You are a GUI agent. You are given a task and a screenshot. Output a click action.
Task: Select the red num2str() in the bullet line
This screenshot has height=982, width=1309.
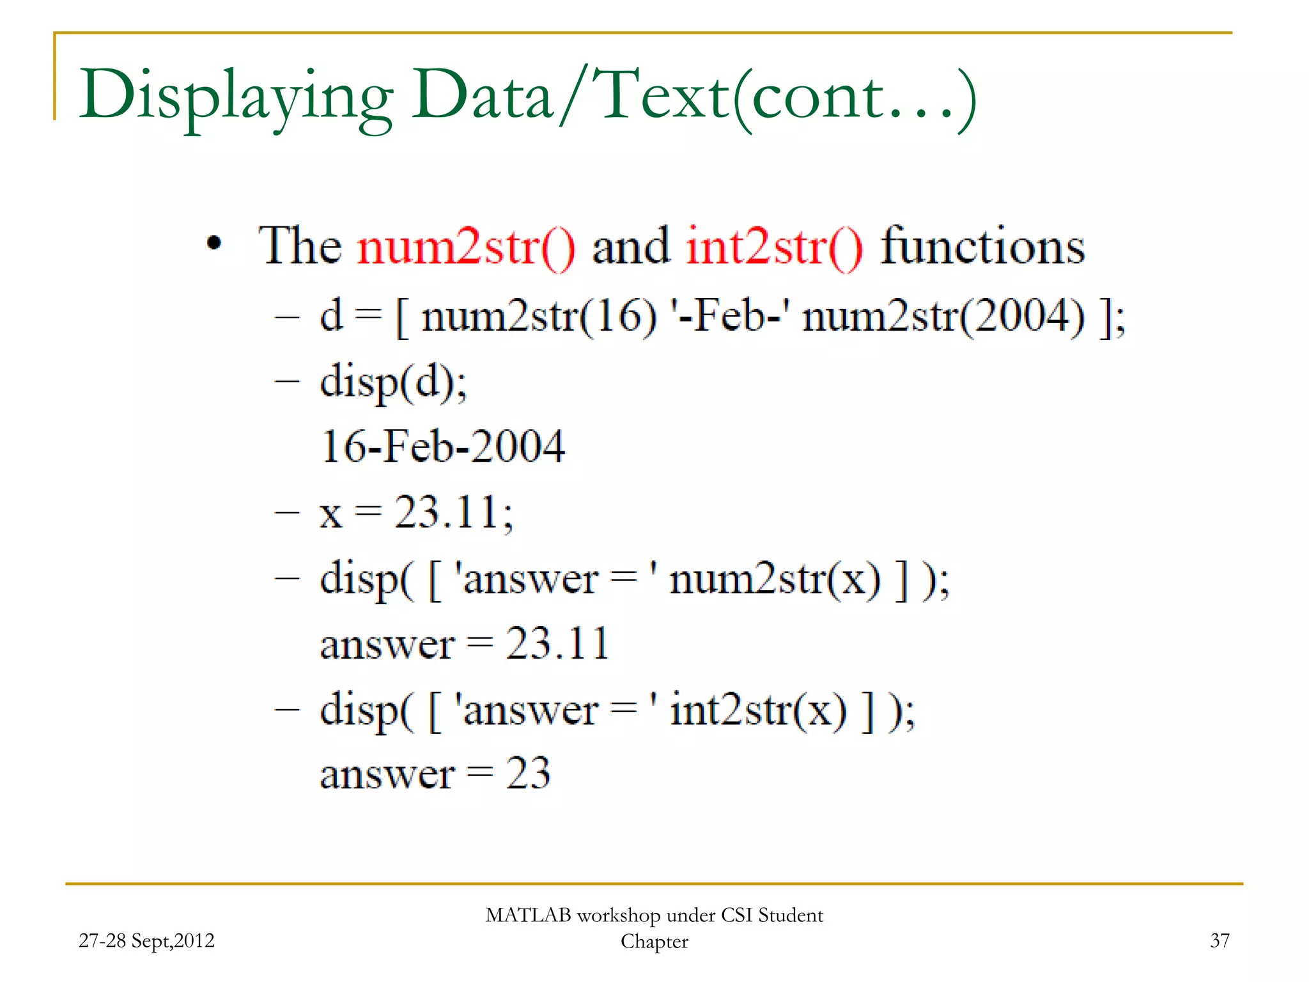[466, 247]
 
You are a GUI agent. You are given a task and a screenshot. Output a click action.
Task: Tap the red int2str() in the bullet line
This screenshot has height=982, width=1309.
[774, 247]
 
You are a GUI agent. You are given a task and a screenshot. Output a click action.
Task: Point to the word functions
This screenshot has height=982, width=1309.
[982, 247]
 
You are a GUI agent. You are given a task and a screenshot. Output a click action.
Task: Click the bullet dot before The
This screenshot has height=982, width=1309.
[214, 244]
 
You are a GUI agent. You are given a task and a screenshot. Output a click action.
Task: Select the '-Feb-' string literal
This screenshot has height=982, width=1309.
[729, 316]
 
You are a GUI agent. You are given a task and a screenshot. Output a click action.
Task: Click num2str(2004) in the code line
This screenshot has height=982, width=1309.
[943, 316]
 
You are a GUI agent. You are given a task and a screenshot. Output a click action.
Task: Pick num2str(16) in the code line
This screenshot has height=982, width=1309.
[539, 316]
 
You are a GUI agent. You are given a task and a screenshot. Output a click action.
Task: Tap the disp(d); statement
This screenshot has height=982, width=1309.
[393, 382]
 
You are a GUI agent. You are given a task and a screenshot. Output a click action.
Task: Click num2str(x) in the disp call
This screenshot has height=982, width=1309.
[774, 579]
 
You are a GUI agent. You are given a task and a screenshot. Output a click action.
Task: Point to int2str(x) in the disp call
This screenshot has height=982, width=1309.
[758, 710]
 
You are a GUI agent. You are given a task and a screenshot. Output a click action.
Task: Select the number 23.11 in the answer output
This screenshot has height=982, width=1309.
[557, 644]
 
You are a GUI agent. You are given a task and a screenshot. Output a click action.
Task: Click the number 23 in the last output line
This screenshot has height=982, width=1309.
[528, 774]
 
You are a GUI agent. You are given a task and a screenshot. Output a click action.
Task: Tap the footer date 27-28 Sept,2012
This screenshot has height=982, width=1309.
[146, 940]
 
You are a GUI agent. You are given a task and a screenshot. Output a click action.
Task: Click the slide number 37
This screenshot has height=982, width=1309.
[1220, 940]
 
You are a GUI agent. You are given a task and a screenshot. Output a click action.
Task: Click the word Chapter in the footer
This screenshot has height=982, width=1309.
[654, 942]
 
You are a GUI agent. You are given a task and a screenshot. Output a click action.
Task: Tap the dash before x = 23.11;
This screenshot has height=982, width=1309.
[287, 513]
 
